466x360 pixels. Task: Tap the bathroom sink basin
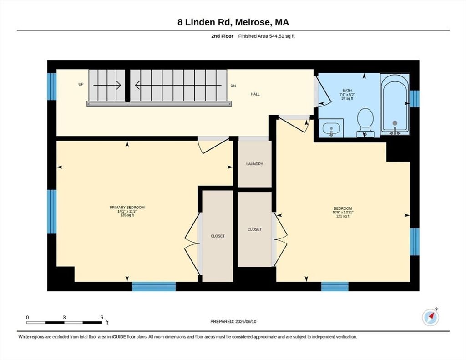click(x=331, y=128)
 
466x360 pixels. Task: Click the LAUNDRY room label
click(x=254, y=164)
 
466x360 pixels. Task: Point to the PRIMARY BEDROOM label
click(x=127, y=208)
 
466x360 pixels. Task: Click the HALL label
click(x=255, y=94)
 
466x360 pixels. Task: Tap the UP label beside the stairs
click(x=81, y=85)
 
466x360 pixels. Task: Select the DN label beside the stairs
click(x=233, y=86)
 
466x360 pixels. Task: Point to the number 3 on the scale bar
click(x=64, y=318)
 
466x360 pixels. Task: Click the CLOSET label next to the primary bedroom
click(x=218, y=236)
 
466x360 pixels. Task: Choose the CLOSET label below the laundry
click(x=255, y=229)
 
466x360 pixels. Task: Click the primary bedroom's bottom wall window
click(x=154, y=287)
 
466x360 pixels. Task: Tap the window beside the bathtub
click(x=415, y=99)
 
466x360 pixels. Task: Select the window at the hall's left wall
click(x=52, y=86)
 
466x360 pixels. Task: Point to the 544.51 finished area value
click(x=276, y=36)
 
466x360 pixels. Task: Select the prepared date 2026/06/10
click(x=245, y=322)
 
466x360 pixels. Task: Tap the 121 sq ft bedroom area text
click(x=343, y=217)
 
